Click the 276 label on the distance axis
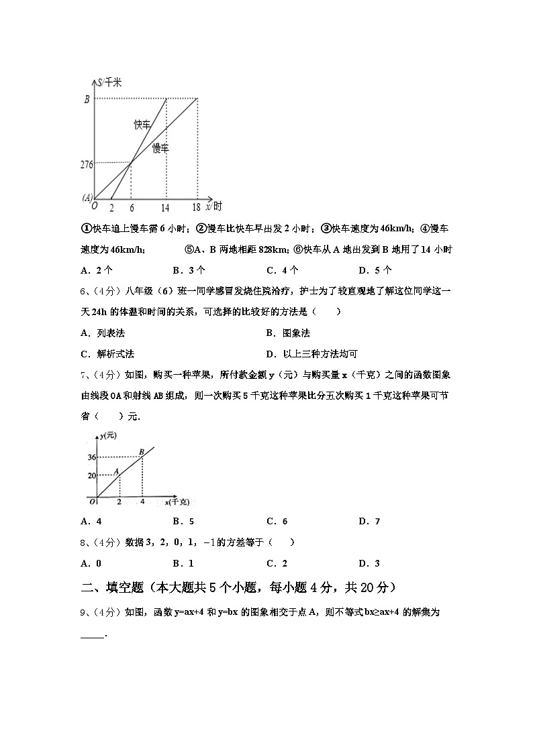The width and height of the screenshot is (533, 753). [x=86, y=163]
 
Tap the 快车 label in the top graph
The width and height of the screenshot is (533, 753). [x=141, y=125]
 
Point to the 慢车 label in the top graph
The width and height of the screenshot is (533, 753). [x=160, y=148]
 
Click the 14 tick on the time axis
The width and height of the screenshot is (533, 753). [x=165, y=208]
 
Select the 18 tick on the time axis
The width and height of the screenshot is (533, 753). [x=196, y=208]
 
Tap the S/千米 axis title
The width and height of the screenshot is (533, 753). [x=109, y=82]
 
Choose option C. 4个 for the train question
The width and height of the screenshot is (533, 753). [x=283, y=271]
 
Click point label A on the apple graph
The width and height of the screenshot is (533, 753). [x=116, y=471]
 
